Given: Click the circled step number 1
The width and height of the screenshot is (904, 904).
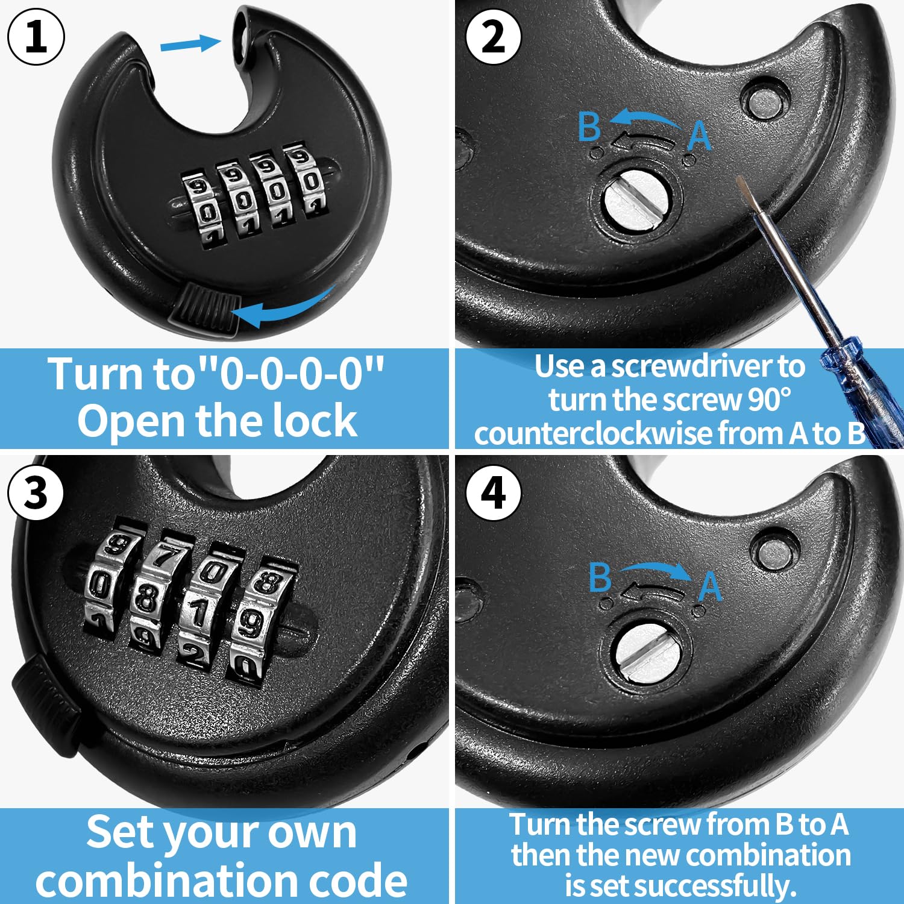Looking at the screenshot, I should coord(36,36).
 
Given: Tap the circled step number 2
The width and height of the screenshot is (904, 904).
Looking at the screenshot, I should coord(494,36).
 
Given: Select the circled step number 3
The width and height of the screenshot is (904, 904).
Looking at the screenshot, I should coord(36,493).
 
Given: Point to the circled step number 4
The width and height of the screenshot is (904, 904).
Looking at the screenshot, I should coord(494,493).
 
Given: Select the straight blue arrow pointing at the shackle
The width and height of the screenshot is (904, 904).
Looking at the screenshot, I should coord(190,44).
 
